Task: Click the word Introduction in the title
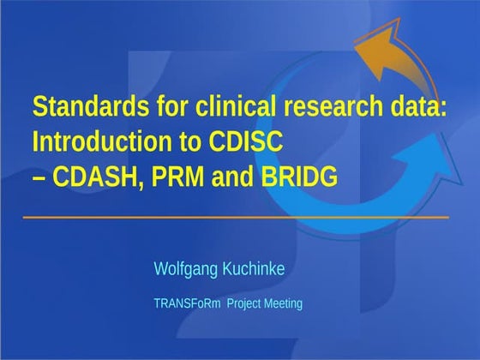tap(93, 141)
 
